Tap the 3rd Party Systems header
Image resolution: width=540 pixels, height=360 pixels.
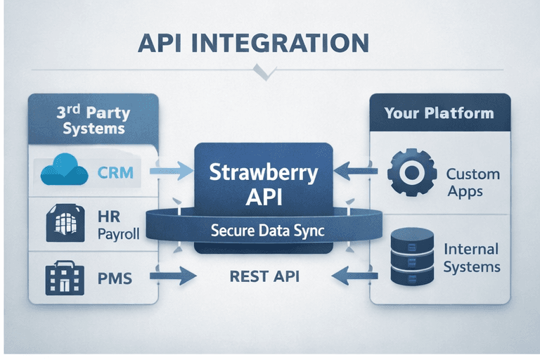(93, 120)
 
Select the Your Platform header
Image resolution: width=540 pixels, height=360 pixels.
(439, 113)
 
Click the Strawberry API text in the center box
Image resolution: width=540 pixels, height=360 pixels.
(263, 184)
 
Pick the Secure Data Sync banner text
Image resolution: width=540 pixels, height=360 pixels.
(264, 230)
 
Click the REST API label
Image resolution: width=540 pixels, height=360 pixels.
(264, 276)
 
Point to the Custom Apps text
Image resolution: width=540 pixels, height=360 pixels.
(472, 182)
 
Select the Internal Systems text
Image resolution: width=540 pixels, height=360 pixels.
(472, 257)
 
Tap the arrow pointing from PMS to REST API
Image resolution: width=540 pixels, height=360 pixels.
(173, 276)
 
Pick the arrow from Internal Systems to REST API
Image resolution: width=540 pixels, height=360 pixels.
(357, 276)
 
